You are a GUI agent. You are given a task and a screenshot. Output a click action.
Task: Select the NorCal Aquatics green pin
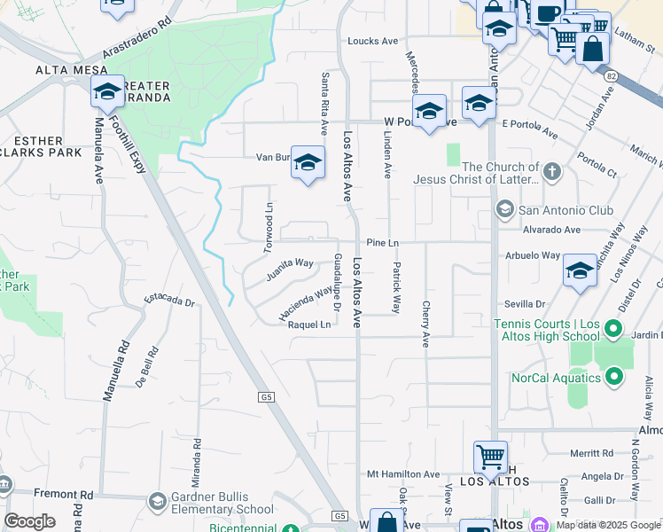pyautogui.click(x=612, y=378)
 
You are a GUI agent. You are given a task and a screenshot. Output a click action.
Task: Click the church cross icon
pyautogui.click(x=551, y=171)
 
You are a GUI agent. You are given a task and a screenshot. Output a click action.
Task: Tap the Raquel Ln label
pyautogui.click(x=309, y=325)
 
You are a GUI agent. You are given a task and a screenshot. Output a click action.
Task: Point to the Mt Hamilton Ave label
pyautogui.click(x=403, y=474)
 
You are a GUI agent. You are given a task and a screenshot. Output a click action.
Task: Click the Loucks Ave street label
pyautogui.click(x=373, y=41)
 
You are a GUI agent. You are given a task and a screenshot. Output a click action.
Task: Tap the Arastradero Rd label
pyautogui.click(x=137, y=36)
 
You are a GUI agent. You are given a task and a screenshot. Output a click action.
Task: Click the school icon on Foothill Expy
pyautogui.click(x=108, y=91)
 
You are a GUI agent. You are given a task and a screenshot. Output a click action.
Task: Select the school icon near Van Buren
pyautogui.click(x=308, y=162)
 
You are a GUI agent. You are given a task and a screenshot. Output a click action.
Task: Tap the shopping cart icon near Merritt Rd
pyautogui.click(x=490, y=457)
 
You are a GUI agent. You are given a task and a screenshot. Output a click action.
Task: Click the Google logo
pyautogui.click(x=29, y=521)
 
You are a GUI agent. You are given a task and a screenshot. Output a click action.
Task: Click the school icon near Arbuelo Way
pyautogui.click(x=580, y=271)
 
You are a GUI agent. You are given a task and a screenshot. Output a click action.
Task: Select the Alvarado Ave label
pyautogui.click(x=549, y=229)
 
